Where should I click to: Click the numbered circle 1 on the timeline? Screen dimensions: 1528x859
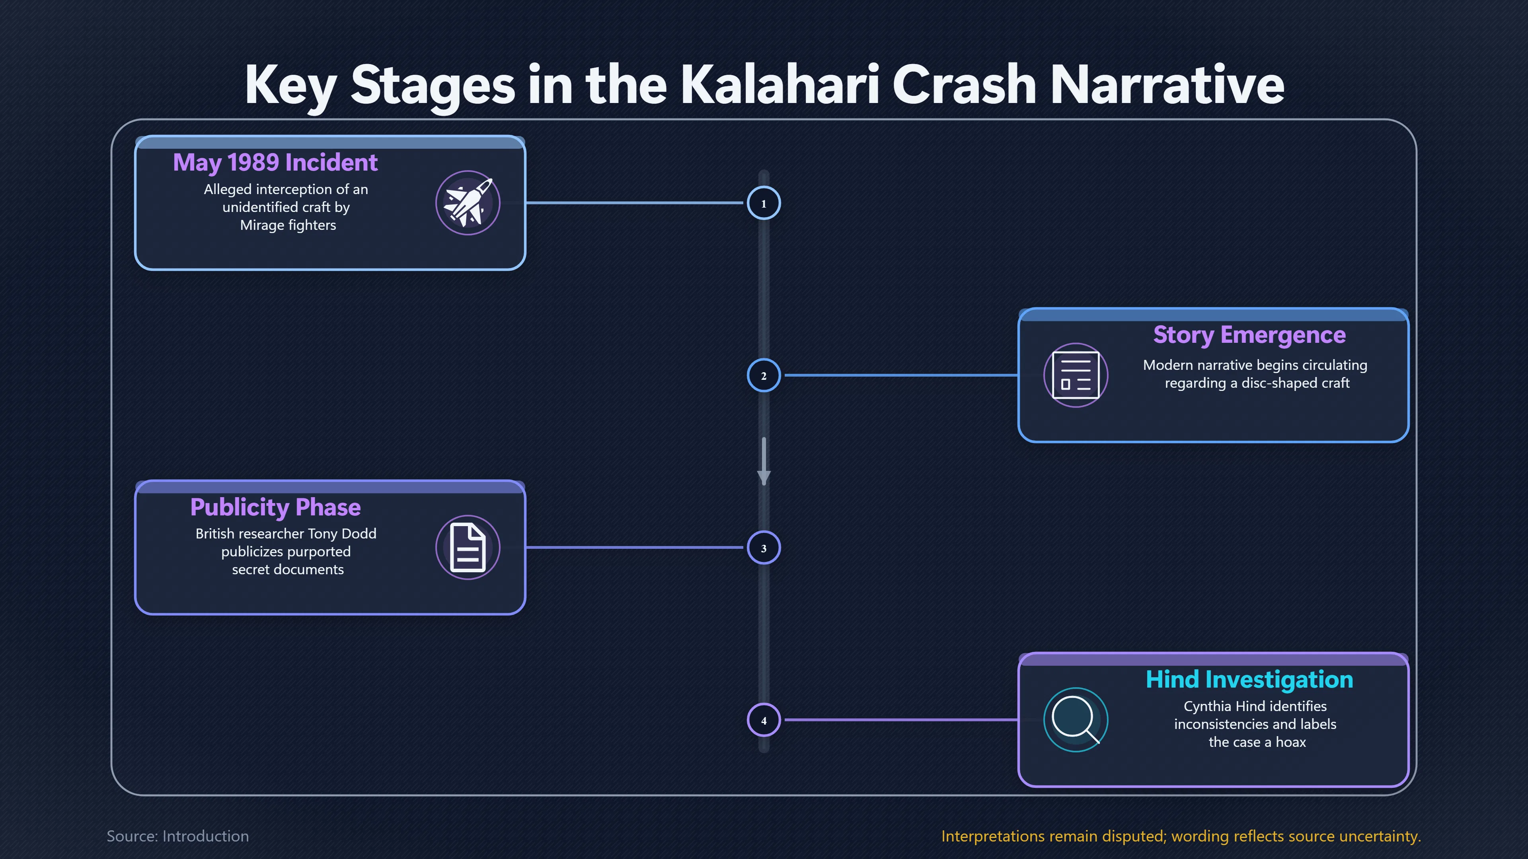(x=764, y=203)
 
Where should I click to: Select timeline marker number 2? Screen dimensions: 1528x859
(x=764, y=375)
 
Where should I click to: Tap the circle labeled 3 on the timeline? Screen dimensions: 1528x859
(x=764, y=548)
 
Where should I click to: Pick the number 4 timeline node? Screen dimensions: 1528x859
(x=764, y=720)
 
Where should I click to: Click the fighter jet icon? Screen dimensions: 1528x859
(x=468, y=203)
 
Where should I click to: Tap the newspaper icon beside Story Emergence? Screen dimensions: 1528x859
(x=1076, y=375)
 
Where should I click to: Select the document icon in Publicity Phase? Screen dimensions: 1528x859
(x=468, y=547)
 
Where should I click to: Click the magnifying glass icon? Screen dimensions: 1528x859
(x=1076, y=720)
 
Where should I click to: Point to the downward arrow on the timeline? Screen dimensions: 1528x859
(x=764, y=461)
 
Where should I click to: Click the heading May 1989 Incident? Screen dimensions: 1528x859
(x=275, y=162)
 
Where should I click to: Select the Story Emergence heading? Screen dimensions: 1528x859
(x=1249, y=335)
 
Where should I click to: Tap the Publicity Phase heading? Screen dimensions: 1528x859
(x=275, y=507)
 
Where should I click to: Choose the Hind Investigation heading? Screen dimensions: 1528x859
(x=1249, y=679)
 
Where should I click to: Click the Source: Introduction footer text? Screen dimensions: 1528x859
(x=177, y=836)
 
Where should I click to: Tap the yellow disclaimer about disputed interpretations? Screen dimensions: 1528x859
(x=1181, y=836)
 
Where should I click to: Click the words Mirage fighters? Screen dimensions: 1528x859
(x=288, y=225)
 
